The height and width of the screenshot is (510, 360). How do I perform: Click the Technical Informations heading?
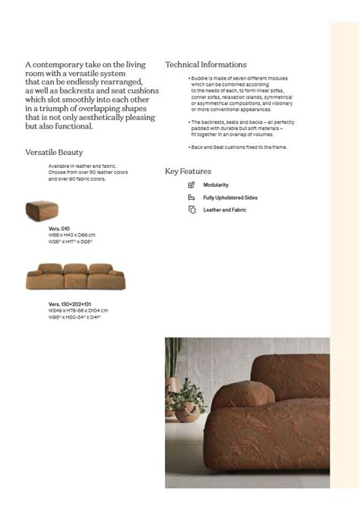click(206, 65)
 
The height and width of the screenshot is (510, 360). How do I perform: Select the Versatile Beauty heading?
click(54, 153)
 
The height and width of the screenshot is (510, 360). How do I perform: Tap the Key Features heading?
click(188, 171)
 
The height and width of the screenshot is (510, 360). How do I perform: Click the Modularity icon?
click(191, 185)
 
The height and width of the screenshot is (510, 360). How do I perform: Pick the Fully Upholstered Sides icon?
click(191, 198)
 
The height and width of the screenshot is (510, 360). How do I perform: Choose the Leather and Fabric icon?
click(191, 210)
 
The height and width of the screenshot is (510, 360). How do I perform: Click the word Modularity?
click(216, 185)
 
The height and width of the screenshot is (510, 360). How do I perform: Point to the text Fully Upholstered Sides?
click(230, 198)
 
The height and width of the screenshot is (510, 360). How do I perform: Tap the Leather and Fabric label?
click(225, 210)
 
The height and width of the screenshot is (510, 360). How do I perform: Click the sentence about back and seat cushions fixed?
click(238, 147)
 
